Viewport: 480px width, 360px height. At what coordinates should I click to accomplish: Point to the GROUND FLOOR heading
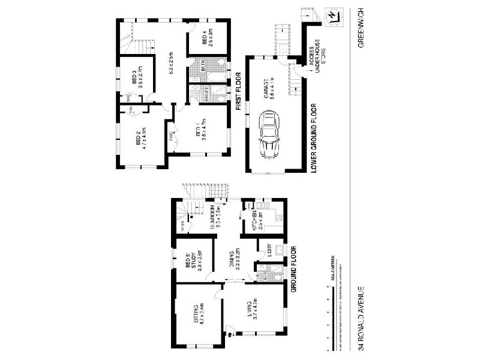295,268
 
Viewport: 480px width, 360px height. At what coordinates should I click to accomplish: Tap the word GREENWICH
361,35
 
